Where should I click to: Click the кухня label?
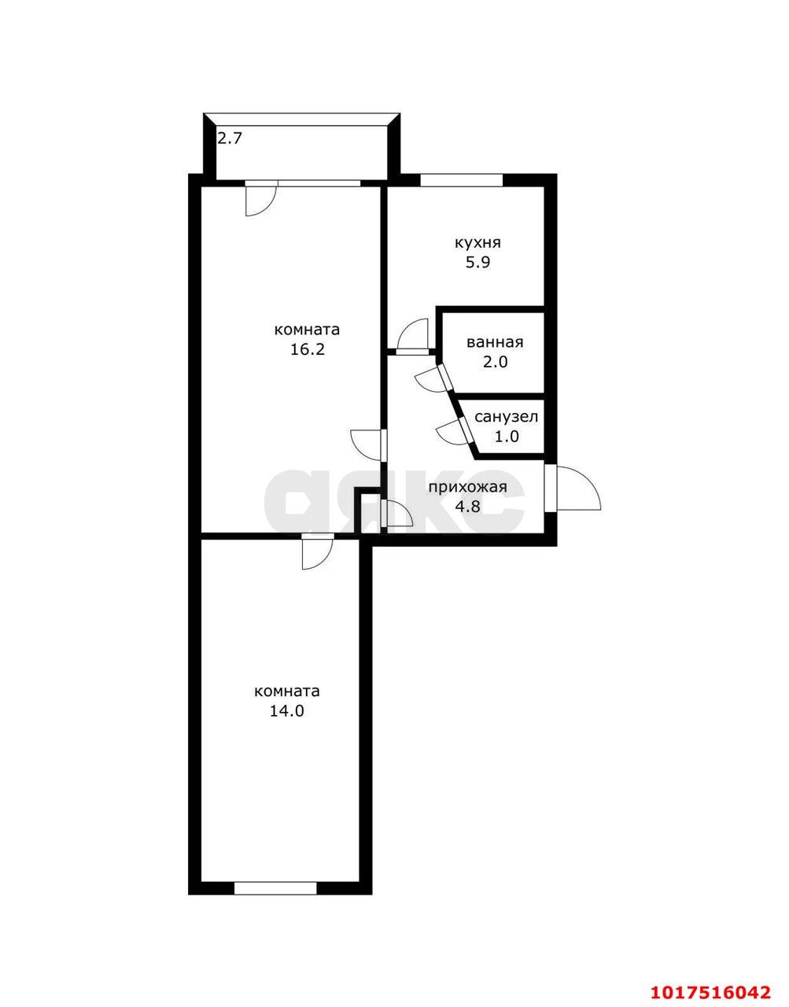pyautogui.click(x=477, y=242)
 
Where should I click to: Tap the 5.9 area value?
pyautogui.click(x=477, y=263)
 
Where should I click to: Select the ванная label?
pyautogui.click(x=496, y=342)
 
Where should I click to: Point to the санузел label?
pyautogui.click(x=507, y=417)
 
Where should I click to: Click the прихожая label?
pyautogui.click(x=468, y=488)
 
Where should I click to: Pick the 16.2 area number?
pyautogui.click(x=308, y=349)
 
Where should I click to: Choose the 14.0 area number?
pyautogui.click(x=287, y=711)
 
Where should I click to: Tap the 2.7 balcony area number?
pyautogui.click(x=230, y=138)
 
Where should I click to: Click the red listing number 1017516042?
pyautogui.click(x=711, y=988)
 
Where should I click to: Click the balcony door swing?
pyautogui.click(x=261, y=199)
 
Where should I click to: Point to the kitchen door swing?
pyautogui.click(x=413, y=336)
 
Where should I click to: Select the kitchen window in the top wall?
pyautogui.click(x=462, y=180)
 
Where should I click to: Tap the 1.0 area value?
pyautogui.click(x=507, y=437)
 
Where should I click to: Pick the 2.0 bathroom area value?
pyautogui.click(x=496, y=362)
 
